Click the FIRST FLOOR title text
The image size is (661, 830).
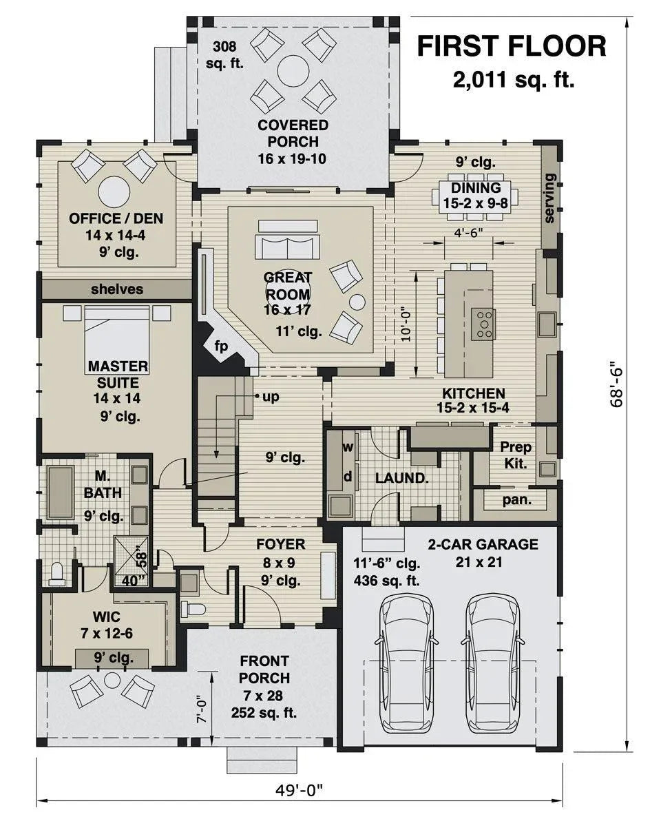512,46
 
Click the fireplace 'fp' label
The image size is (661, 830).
221,346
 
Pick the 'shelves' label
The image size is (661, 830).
117,289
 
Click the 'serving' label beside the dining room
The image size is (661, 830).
549,198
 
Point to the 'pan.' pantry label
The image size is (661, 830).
516,499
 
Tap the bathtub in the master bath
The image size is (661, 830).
61,491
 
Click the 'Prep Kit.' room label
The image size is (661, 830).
516,455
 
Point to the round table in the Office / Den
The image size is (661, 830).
114,192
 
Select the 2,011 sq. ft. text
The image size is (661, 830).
513,81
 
